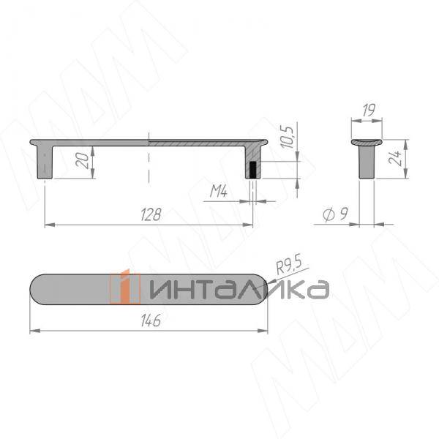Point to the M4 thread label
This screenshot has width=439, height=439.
click(219, 192)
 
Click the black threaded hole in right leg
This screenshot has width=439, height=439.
click(252, 170)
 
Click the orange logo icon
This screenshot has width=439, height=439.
click(124, 287)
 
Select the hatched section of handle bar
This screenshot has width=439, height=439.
click(198, 140)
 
